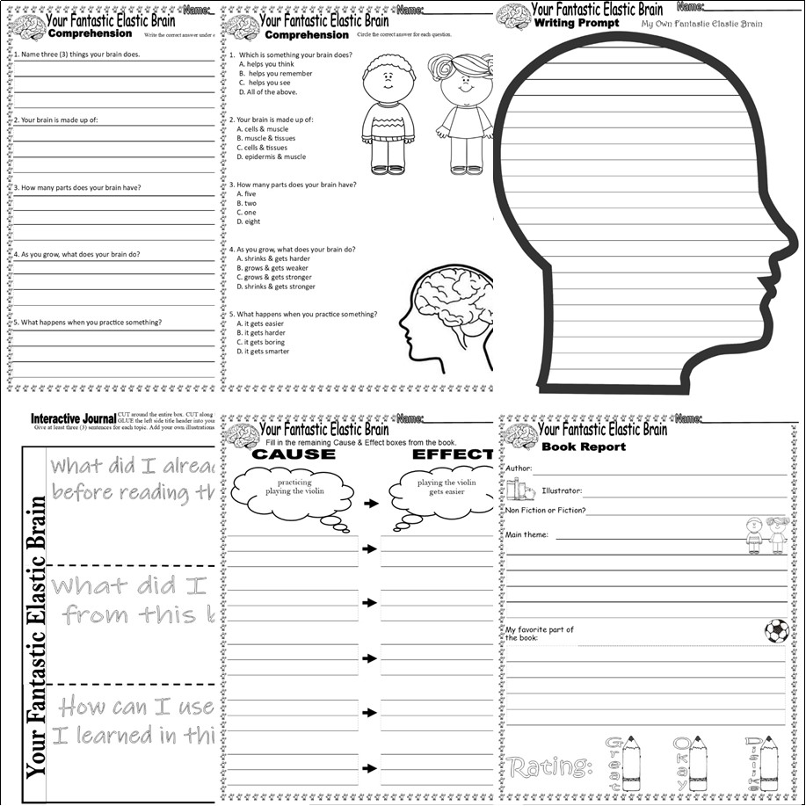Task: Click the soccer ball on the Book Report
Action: click(x=776, y=631)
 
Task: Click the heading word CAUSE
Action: click(x=294, y=454)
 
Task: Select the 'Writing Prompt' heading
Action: click(x=577, y=24)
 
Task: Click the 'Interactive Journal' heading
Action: click(x=73, y=418)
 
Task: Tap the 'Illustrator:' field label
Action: click(x=562, y=491)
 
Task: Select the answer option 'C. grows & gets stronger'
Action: click(x=275, y=278)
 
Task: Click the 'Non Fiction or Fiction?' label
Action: click(x=545, y=511)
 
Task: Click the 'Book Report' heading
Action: click(x=583, y=447)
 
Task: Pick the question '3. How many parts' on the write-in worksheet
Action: click(x=77, y=187)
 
